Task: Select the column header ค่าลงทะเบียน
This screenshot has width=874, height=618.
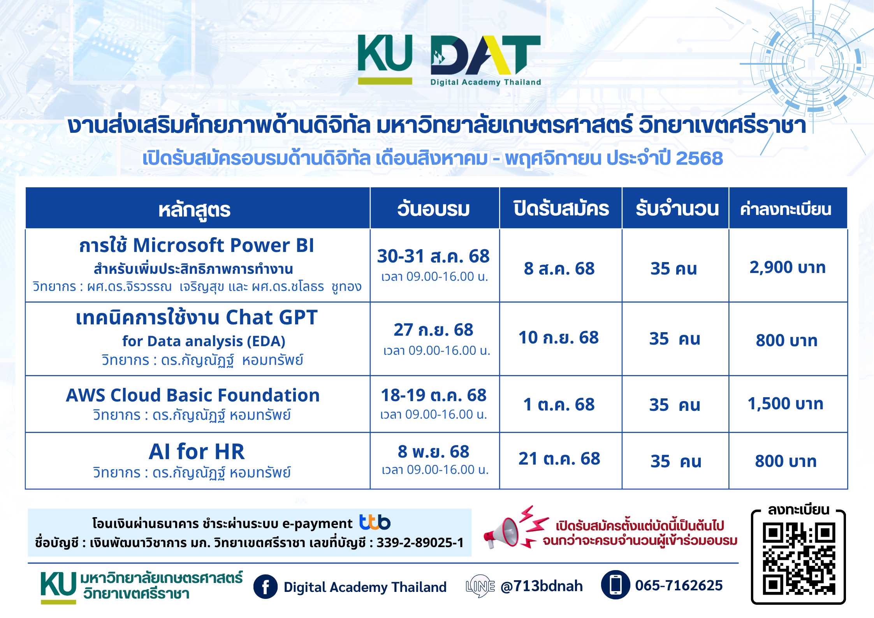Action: pyautogui.click(x=786, y=209)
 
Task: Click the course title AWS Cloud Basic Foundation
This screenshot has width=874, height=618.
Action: pyautogui.click(x=193, y=395)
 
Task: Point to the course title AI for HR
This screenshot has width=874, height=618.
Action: pyautogui.click(x=197, y=452)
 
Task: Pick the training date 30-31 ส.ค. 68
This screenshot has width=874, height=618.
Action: pyautogui.click(x=433, y=256)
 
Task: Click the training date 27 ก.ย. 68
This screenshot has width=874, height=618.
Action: pyautogui.click(x=433, y=330)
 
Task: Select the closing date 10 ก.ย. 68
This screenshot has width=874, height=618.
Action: pyautogui.click(x=559, y=338)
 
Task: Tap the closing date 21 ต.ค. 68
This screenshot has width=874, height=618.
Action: pyautogui.click(x=559, y=459)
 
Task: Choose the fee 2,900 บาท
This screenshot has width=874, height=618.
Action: pyautogui.click(x=788, y=268)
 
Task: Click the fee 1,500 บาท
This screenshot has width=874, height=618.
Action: pyautogui.click(x=786, y=404)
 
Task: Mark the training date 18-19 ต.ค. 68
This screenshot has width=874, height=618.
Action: pyautogui.click(x=434, y=395)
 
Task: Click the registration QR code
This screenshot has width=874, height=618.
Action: pyautogui.click(x=799, y=560)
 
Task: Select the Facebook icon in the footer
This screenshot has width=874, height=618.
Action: pyautogui.click(x=266, y=586)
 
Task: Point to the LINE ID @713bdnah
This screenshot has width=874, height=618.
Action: pyautogui.click(x=542, y=586)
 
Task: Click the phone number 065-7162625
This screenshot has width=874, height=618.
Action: pyautogui.click(x=679, y=585)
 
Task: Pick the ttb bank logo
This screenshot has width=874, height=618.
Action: pyautogui.click(x=375, y=522)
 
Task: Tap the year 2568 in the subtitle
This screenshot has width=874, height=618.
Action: pyautogui.click(x=699, y=158)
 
